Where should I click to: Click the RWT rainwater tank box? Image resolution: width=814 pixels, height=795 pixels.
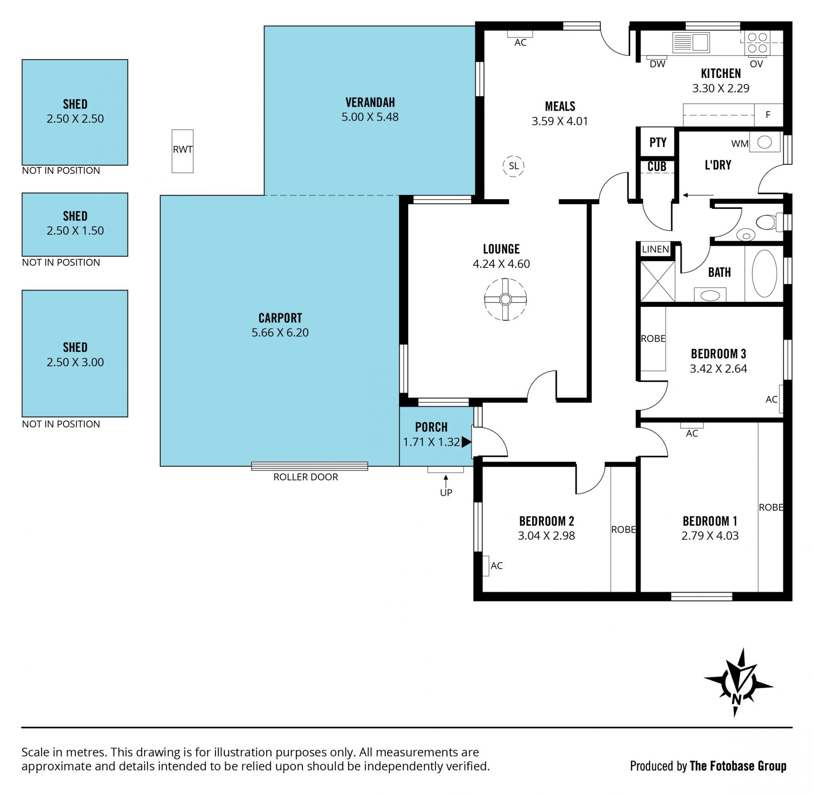[x=182, y=151]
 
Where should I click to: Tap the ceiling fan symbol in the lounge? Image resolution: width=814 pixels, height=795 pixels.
[x=505, y=299]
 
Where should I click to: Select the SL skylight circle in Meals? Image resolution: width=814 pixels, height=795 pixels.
[x=513, y=166]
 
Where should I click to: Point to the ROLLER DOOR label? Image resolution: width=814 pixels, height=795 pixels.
[x=306, y=477]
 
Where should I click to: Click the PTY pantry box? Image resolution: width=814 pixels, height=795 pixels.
[x=658, y=142]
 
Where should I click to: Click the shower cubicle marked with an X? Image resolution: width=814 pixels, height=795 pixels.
[x=657, y=281]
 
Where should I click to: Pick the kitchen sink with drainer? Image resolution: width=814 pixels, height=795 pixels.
[x=691, y=42]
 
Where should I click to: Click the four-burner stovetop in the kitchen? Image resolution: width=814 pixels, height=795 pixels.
[x=757, y=42]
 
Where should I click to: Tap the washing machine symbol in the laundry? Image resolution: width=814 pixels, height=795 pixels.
[x=764, y=142]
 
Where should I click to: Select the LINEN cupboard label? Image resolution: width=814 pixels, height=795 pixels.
[x=655, y=249]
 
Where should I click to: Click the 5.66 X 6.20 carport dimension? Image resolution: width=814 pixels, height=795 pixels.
[x=280, y=332]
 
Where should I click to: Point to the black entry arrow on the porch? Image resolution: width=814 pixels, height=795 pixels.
[x=466, y=442]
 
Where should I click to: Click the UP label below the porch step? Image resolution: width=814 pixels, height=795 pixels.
[x=446, y=492]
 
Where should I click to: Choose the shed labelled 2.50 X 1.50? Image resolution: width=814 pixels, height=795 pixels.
[x=75, y=225]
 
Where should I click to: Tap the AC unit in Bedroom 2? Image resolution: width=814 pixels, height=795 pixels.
[x=485, y=565]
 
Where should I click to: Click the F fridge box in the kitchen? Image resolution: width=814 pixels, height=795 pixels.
[x=768, y=114]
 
